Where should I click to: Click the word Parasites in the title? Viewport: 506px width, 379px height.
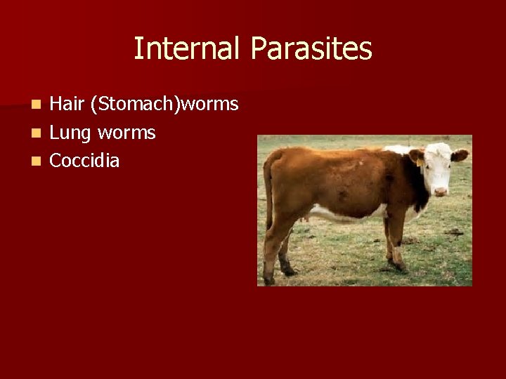tap(311, 49)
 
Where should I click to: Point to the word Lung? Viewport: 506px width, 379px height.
tap(71, 133)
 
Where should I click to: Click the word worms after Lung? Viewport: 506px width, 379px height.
tap(126, 133)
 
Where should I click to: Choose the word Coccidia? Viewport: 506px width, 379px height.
tap(85, 161)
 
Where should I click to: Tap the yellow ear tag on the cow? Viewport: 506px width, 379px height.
tap(420, 162)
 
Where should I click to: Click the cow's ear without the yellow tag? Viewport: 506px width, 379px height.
tap(460, 155)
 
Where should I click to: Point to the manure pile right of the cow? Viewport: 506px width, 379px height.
tap(454, 232)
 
